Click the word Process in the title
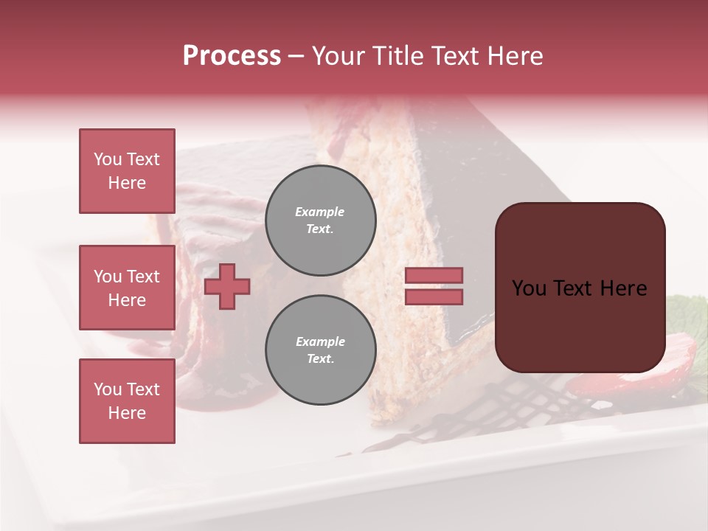(232, 56)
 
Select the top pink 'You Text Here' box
(127, 171)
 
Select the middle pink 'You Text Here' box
(127, 288)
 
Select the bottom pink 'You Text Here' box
(127, 401)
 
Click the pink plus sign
(227, 286)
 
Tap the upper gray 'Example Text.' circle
(320, 220)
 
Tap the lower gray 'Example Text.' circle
(320, 350)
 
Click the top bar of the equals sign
(434, 276)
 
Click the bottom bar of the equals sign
(434, 296)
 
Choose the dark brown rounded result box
(580, 288)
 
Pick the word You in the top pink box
(107, 159)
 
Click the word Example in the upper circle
(320, 212)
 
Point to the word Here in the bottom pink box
(127, 413)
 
